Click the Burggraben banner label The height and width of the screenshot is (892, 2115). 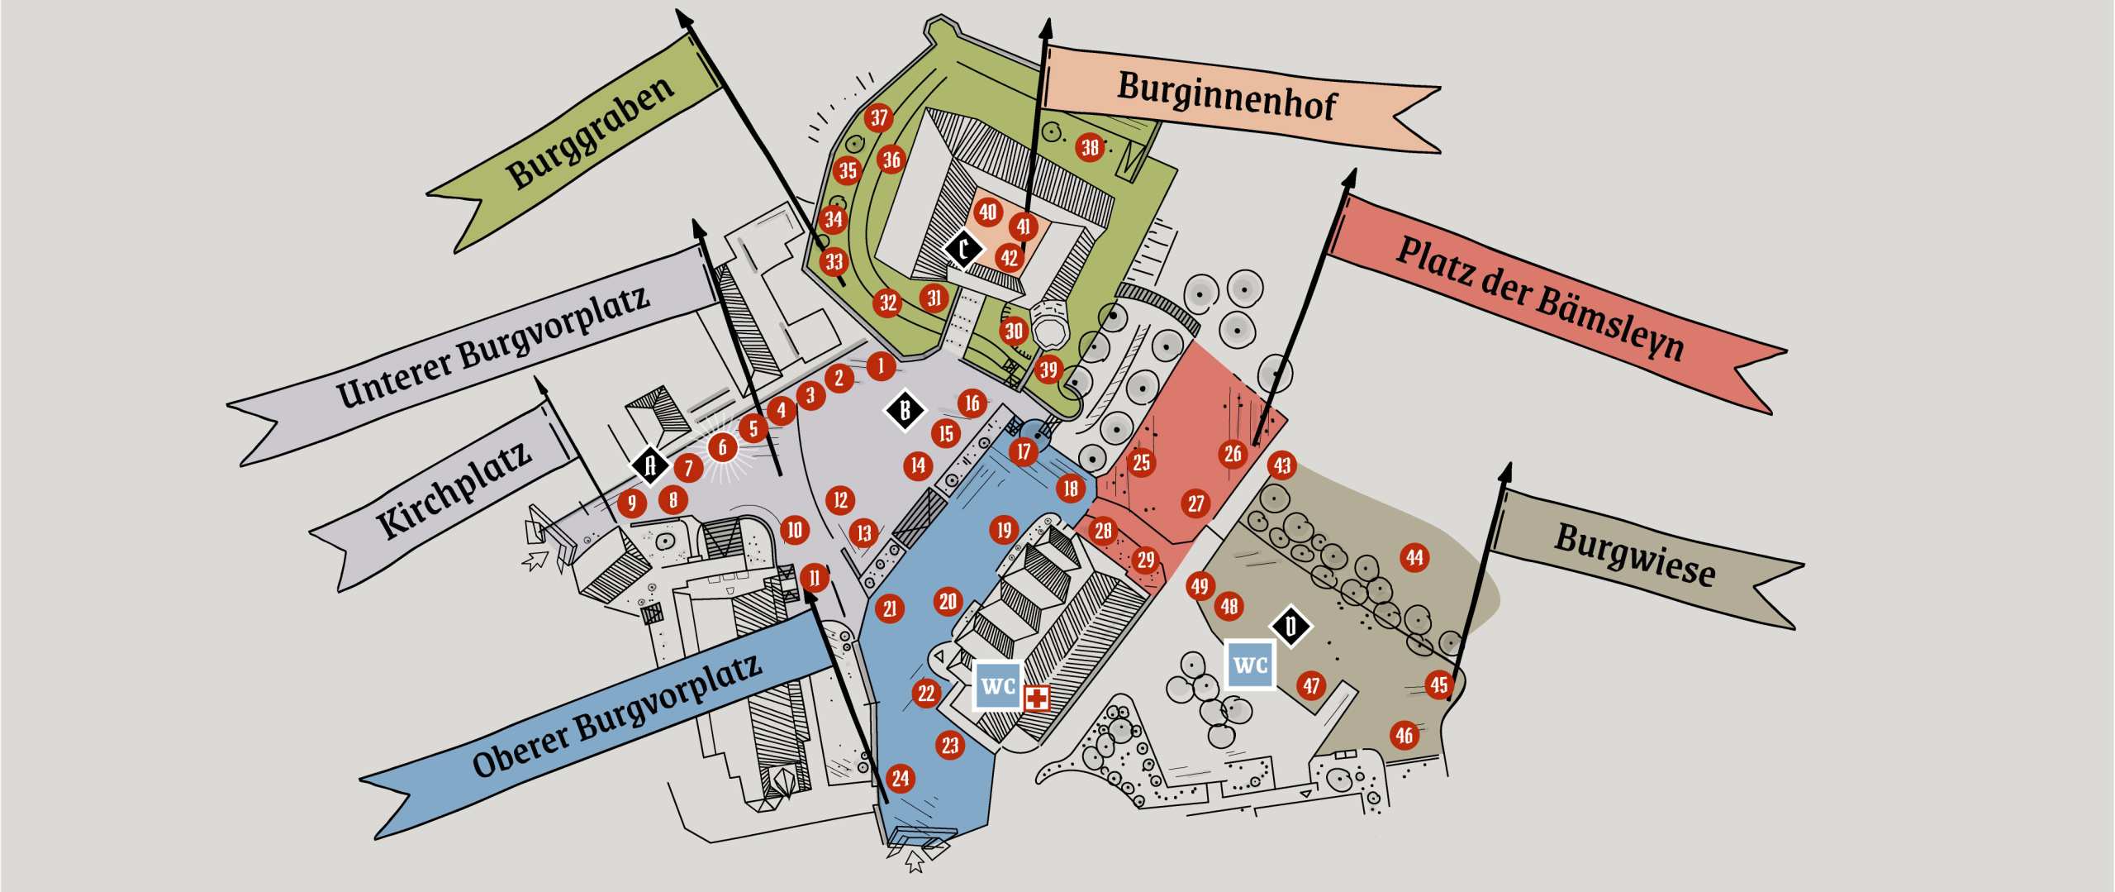591,132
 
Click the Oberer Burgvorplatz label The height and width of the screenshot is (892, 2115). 615,717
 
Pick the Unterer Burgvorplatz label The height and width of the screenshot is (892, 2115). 492,346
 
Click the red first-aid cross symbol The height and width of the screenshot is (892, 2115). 1037,698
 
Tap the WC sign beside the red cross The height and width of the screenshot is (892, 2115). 998,685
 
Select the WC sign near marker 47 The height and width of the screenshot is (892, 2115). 1250,665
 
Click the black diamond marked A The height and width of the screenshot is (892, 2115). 650,465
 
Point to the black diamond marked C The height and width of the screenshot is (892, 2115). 963,248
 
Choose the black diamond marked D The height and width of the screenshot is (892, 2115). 1291,626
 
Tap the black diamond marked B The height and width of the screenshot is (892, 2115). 905,410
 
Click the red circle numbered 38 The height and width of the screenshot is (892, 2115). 1091,147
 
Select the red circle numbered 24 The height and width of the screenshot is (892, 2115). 901,778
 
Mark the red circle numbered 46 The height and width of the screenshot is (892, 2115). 1404,735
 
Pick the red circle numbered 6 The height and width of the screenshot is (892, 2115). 723,447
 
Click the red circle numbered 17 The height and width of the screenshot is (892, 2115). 1024,451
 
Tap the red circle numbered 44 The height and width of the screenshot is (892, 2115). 1415,557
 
